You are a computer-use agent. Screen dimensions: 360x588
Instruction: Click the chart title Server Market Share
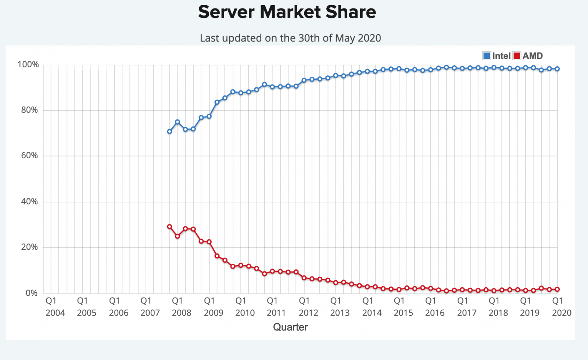coord(287,12)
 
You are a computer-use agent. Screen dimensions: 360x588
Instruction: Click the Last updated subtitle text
coord(290,38)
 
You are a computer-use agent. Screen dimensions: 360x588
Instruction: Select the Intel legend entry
coord(496,56)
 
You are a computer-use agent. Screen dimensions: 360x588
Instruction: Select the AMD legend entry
coord(528,56)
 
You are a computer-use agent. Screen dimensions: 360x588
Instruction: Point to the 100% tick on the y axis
coord(28,65)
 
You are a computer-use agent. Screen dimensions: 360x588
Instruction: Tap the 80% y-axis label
coord(29,110)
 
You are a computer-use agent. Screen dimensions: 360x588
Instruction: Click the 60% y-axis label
coord(29,156)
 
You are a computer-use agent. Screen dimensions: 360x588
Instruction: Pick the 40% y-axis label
coord(29,202)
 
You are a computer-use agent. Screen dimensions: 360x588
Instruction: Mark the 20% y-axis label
coord(29,247)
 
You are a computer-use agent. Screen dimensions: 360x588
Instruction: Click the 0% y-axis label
coord(31,293)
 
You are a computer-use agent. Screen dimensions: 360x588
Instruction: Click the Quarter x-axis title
coord(290,327)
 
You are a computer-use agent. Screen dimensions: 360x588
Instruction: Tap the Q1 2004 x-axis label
coord(55,307)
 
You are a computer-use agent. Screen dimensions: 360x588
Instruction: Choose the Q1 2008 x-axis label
coord(182,307)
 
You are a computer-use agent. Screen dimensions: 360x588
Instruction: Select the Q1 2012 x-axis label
coord(308,307)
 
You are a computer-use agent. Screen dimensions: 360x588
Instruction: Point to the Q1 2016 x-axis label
coord(435,307)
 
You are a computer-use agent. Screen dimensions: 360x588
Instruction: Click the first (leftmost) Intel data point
coord(169,132)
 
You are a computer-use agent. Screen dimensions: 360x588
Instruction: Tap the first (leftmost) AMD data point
coord(169,227)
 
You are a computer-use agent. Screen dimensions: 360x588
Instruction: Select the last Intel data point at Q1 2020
coord(557,69)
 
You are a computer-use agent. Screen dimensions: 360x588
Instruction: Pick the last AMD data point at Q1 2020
coord(557,289)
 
